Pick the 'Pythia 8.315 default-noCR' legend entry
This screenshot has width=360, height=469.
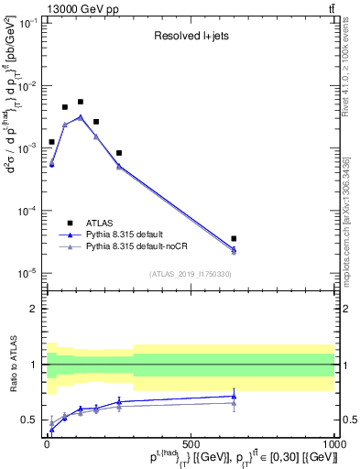(x=142, y=247)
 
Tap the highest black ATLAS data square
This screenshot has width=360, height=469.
(x=81, y=102)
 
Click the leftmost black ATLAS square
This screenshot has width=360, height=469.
(x=51, y=142)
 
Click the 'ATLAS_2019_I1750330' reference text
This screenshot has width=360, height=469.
(x=190, y=273)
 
